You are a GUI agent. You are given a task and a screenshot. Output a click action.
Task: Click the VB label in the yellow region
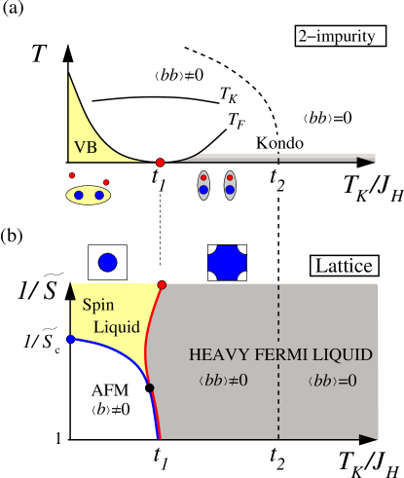85,149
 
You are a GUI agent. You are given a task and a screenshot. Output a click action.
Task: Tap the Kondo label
279,143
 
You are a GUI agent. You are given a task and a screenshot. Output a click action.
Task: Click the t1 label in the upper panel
160,179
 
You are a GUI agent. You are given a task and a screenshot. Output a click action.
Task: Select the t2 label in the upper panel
278,179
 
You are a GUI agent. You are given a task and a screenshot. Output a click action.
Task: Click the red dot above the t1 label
160,162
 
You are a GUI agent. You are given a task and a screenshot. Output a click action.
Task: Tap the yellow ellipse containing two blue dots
89,195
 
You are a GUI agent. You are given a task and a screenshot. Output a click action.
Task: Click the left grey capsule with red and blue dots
203,184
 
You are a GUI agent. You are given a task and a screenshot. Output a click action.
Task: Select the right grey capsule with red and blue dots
231,184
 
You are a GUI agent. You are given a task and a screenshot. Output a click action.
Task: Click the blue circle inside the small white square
107,262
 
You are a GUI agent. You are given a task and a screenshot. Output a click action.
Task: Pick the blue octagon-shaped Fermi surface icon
228,261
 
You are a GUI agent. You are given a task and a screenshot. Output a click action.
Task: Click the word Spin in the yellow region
97,304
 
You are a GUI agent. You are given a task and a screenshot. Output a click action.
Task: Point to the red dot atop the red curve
162,284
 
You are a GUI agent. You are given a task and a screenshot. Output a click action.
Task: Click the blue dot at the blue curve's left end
70,339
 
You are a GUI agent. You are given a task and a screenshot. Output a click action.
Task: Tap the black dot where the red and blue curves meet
150,388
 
